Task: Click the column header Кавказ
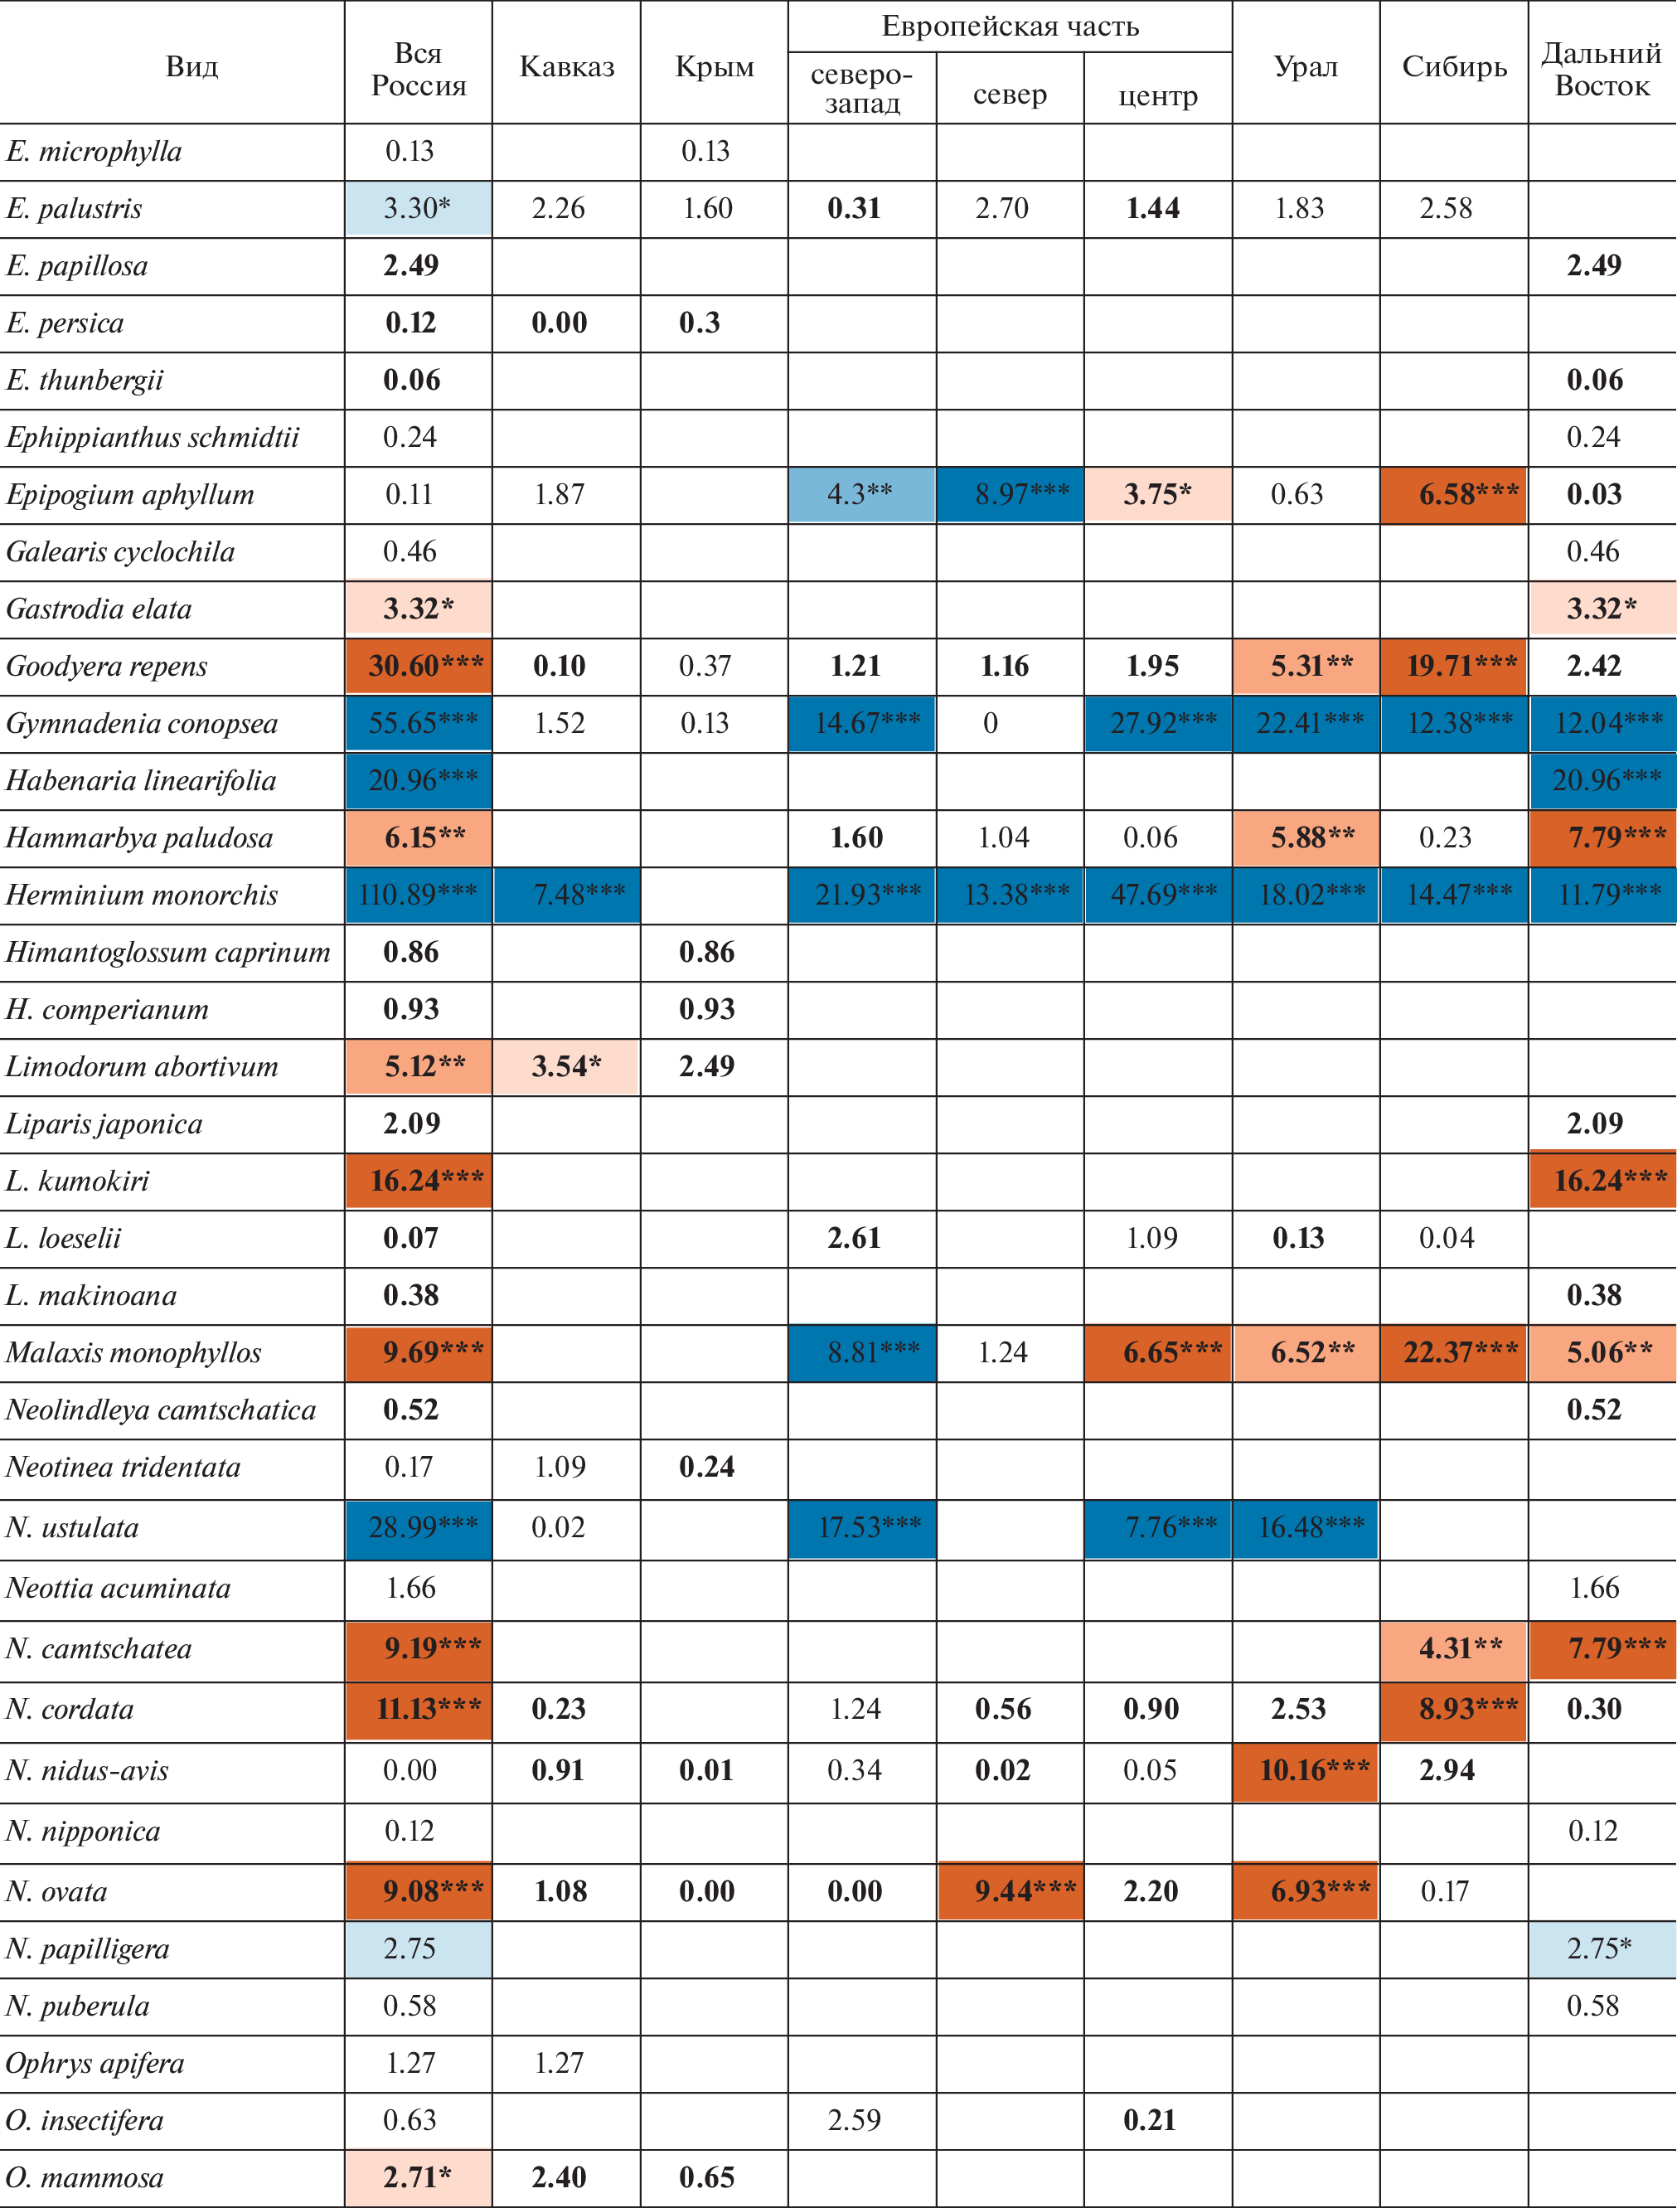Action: (x=566, y=67)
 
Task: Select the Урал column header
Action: (x=1305, y=67)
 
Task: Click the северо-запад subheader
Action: (x=861, y=89)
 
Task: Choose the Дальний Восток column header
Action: (x=1601, y=69)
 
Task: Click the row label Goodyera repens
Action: (x=107, y=666)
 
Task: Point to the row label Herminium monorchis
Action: (x=142, y=895)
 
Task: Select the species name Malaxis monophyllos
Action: (x=133, y=1352)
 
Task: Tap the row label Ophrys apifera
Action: (x=95, y=2062)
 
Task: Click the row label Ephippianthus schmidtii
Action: (x=153, y=437)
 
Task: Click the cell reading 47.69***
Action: (x=1158, y=895)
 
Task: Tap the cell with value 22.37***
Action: (x=1453, y=1352)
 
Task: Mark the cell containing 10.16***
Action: (x=1306, y=1769)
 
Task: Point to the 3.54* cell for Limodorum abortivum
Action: (x=566, y=1066)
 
